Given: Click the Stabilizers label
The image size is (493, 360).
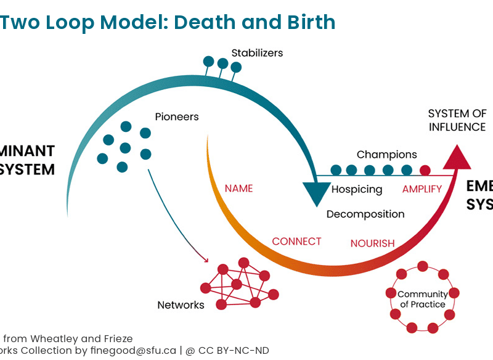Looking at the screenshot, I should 257,53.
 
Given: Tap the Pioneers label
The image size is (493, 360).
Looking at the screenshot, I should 177,117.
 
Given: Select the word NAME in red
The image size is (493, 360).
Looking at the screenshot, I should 238,188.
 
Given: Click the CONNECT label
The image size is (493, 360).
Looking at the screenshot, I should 297,242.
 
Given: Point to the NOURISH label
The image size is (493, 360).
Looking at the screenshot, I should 372,243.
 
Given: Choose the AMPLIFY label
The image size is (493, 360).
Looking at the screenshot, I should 422,189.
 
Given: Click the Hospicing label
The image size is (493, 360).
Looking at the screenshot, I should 357,189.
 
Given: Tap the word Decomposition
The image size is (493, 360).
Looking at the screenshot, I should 365,214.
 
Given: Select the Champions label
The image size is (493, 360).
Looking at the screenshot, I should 387,155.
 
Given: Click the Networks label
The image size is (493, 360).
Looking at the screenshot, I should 181,305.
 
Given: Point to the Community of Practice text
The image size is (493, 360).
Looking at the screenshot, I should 422,299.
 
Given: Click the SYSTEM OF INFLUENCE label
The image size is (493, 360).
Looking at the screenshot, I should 457,120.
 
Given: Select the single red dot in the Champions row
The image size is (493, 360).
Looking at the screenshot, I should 425,170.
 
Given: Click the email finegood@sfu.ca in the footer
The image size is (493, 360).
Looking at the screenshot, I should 133,350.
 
